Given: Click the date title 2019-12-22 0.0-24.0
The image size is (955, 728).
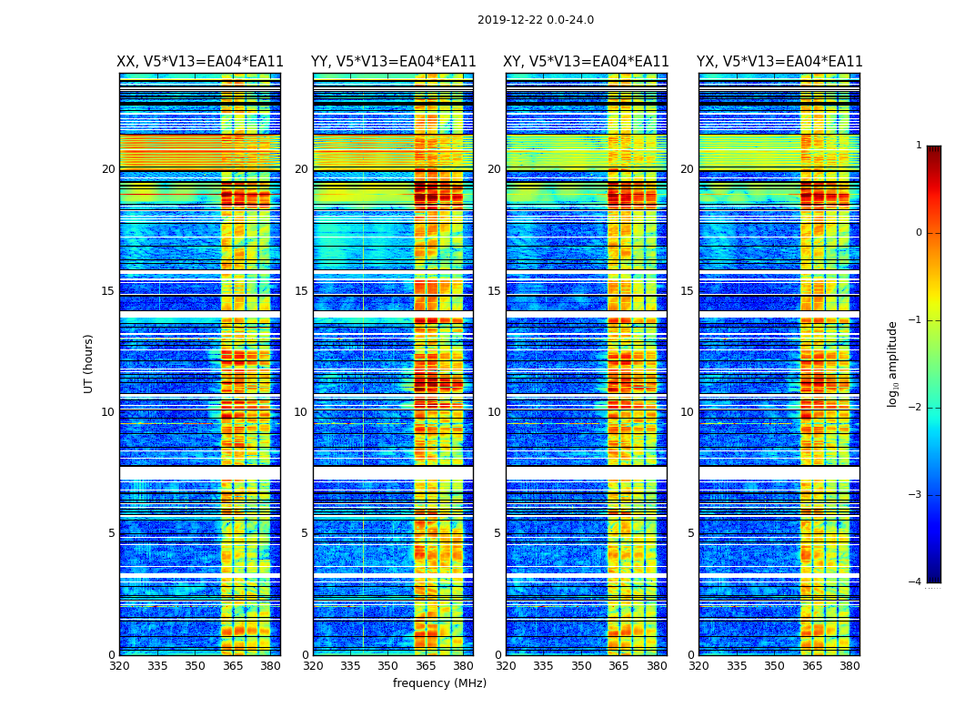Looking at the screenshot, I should (x=535, y=20).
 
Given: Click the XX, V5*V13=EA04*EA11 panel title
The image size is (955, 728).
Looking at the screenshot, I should (x=200, y=62).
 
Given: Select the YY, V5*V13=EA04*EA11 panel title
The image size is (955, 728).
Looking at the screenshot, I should (x=393, y=62).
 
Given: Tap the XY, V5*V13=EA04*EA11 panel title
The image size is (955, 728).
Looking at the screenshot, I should (x=587, y=62).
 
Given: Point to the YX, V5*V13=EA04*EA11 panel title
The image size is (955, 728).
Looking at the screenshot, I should (x=779, y=62).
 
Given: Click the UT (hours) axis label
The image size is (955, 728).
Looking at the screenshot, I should (x=89, y=363).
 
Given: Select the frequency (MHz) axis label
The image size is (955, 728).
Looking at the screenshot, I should (x=439, y=683).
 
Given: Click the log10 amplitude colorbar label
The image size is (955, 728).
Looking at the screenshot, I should (x=893, y=363).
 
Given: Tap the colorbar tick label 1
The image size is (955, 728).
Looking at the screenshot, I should (x=918, y=146).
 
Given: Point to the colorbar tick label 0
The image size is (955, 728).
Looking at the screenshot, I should (x=918, y=233).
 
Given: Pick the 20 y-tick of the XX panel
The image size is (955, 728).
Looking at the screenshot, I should (x=108, y=169).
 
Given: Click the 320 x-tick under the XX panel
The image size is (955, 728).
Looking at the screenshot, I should (x=119, y=666).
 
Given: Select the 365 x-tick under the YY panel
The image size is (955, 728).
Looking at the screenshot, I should (x=426, y=666).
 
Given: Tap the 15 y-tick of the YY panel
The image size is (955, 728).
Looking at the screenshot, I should (x=301, y=291).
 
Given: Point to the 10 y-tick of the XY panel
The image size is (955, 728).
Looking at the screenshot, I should (x=494, y=412).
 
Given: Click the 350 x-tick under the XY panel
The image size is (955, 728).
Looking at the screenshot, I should (x=581, y=666).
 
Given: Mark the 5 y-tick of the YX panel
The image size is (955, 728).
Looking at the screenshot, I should (x=691, y=533).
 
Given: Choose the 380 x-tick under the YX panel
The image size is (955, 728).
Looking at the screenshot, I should (x=849, y=666).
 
